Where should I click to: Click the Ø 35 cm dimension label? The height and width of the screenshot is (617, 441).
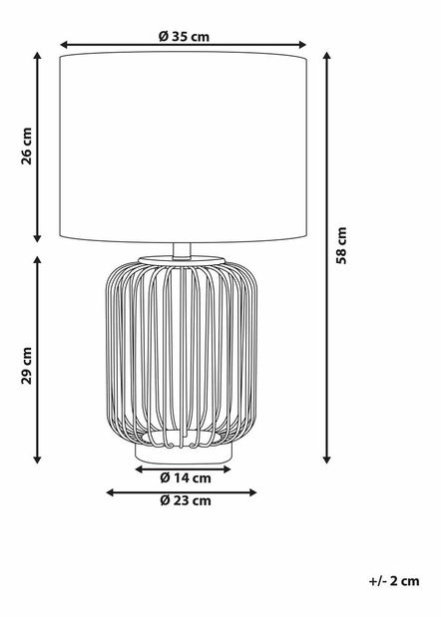click(x=184, y=37)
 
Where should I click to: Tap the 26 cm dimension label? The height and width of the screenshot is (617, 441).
click(x=27, y=148)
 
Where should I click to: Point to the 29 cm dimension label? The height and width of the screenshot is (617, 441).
click(x=27, y=366)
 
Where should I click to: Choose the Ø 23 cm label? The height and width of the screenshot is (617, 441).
click(x=185, y=501)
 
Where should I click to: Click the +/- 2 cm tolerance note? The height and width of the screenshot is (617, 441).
click(x=393, y=579)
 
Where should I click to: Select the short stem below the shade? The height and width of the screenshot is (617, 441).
click(x=184, y=250)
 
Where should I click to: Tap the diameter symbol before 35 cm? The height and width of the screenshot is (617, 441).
click(x=163, y=37)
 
